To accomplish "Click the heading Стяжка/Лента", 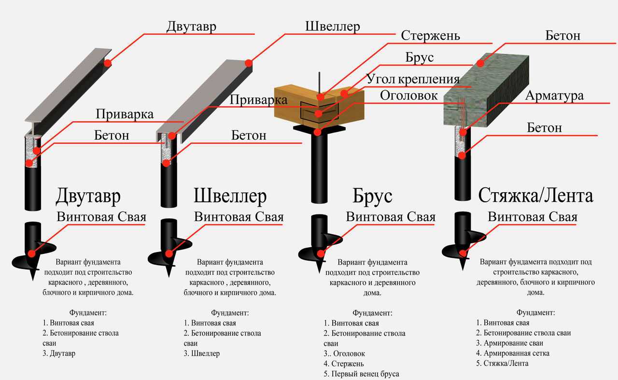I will click(x=535, y=196).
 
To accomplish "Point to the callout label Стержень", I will click(x=430, y=36).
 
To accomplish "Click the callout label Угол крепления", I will click(x=412, y=79).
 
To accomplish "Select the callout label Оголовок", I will click(x=408, y=95).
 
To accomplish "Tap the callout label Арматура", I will click(x=554, y=96).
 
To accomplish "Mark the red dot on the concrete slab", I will click(x=480, y=63).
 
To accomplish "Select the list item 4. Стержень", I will click(x=344, y=364).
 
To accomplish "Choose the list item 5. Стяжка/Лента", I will click(x=502, y=363).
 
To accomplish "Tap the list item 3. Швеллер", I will click(x=201, y=353).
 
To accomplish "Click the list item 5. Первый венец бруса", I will click(x=362, y=374).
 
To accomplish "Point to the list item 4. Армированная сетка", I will click(x=512, y=353).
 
